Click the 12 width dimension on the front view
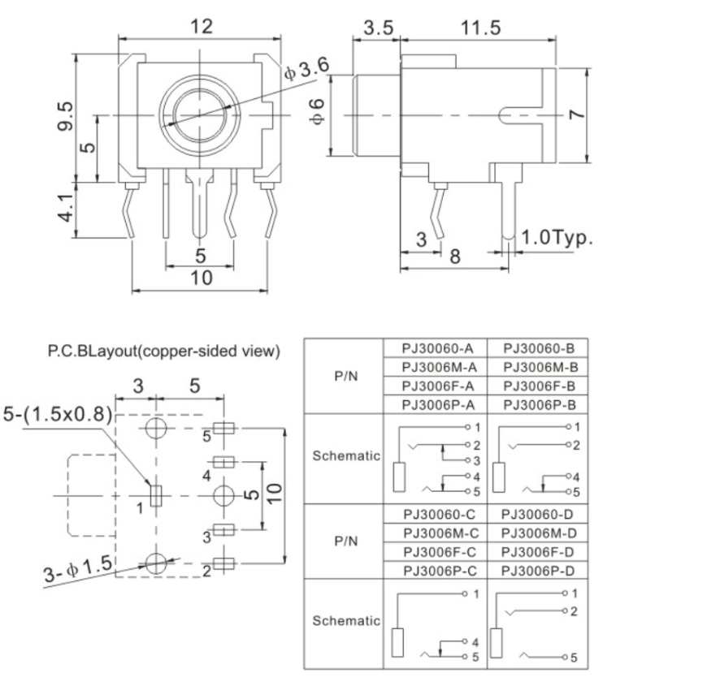click(x=201, y=26)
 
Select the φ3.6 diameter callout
click(x=306, y=71)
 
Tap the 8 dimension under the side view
click(x=455, y=257)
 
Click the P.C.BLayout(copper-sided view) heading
click(x=164, y=351)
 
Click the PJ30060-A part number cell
click(x=434, y=347)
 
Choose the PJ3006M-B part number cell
click(x=536, y=366)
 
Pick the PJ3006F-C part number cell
click(x=434, y=551)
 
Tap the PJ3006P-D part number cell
click(x=536, y=570)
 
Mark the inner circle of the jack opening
click(x=200, y=114)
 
